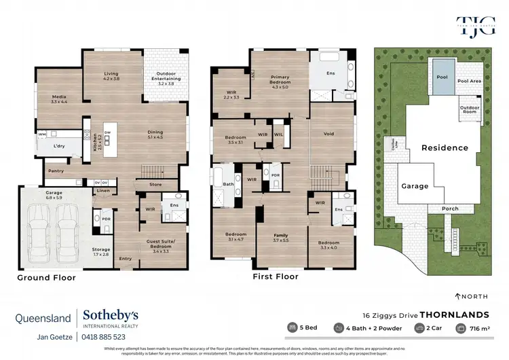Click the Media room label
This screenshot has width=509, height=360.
click(x=60, y=96)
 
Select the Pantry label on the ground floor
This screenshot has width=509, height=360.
click(x=55, y=170)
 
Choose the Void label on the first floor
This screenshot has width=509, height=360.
click(x=329, y=134)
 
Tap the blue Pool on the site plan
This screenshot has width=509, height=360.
click(x=442, y=77)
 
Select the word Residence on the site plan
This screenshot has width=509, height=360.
click(x=445, y=147)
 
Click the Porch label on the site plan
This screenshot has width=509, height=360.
click(x=450, y=209)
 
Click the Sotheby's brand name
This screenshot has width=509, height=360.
click(x=111, y=314)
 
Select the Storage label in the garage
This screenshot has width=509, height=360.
click(x=100, y=249)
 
